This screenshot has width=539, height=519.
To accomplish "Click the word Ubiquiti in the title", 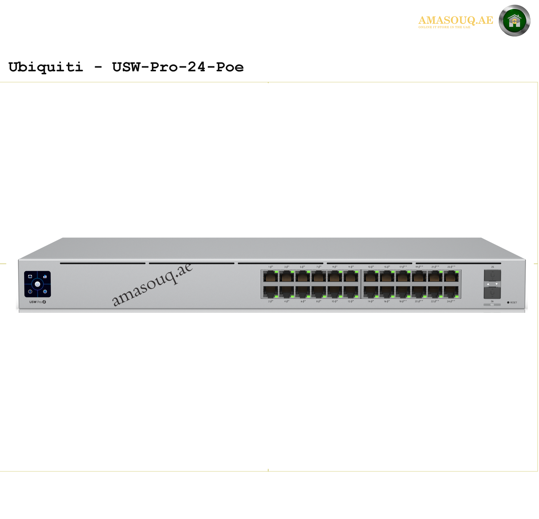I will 45,67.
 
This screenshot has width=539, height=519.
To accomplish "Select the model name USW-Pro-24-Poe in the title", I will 178,67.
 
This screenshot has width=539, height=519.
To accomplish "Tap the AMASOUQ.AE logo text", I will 455,21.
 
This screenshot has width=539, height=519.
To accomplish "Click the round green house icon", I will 514,21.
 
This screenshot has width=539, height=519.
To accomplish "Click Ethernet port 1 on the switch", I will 270,277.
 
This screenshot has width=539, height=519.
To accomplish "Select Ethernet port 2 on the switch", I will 270,292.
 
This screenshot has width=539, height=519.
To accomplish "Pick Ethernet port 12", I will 351,292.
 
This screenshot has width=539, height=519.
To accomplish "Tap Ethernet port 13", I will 371,277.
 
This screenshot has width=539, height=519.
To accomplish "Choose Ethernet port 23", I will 451,277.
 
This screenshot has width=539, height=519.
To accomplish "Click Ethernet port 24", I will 451,292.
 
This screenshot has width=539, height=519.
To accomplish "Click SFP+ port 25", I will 492,275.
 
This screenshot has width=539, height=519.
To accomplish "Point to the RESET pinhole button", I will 508,302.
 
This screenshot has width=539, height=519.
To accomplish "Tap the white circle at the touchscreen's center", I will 38,284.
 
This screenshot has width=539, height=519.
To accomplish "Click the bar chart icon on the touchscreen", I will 45,277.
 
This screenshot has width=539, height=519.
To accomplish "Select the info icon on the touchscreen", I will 30,292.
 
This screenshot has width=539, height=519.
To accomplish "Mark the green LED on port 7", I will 324,272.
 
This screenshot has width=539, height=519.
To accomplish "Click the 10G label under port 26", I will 492,305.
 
